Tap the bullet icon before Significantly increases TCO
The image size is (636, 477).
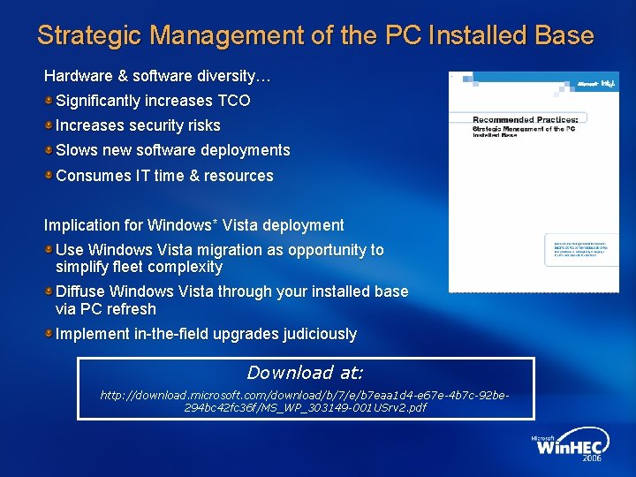49,101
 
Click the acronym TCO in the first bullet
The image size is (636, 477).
234,101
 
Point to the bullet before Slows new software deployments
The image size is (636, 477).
49,150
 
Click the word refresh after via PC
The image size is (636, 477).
131,309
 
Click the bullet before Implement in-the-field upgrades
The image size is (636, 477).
49,334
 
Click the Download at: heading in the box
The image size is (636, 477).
305,373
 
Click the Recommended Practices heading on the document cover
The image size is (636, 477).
526,118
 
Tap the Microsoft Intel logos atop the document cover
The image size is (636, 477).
596,84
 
